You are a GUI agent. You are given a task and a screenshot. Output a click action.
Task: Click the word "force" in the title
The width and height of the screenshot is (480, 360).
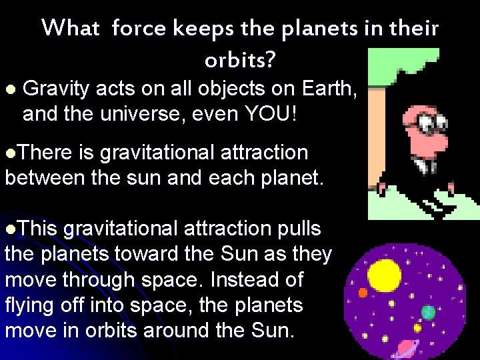139,29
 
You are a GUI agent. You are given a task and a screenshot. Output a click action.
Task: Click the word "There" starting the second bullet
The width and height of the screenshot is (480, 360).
44,153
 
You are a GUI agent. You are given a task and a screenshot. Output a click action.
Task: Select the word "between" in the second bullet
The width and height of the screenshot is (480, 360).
40,178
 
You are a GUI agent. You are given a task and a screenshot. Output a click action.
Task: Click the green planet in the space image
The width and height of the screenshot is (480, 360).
428,312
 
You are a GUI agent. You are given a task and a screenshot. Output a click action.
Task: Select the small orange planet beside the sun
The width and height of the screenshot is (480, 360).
363,293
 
